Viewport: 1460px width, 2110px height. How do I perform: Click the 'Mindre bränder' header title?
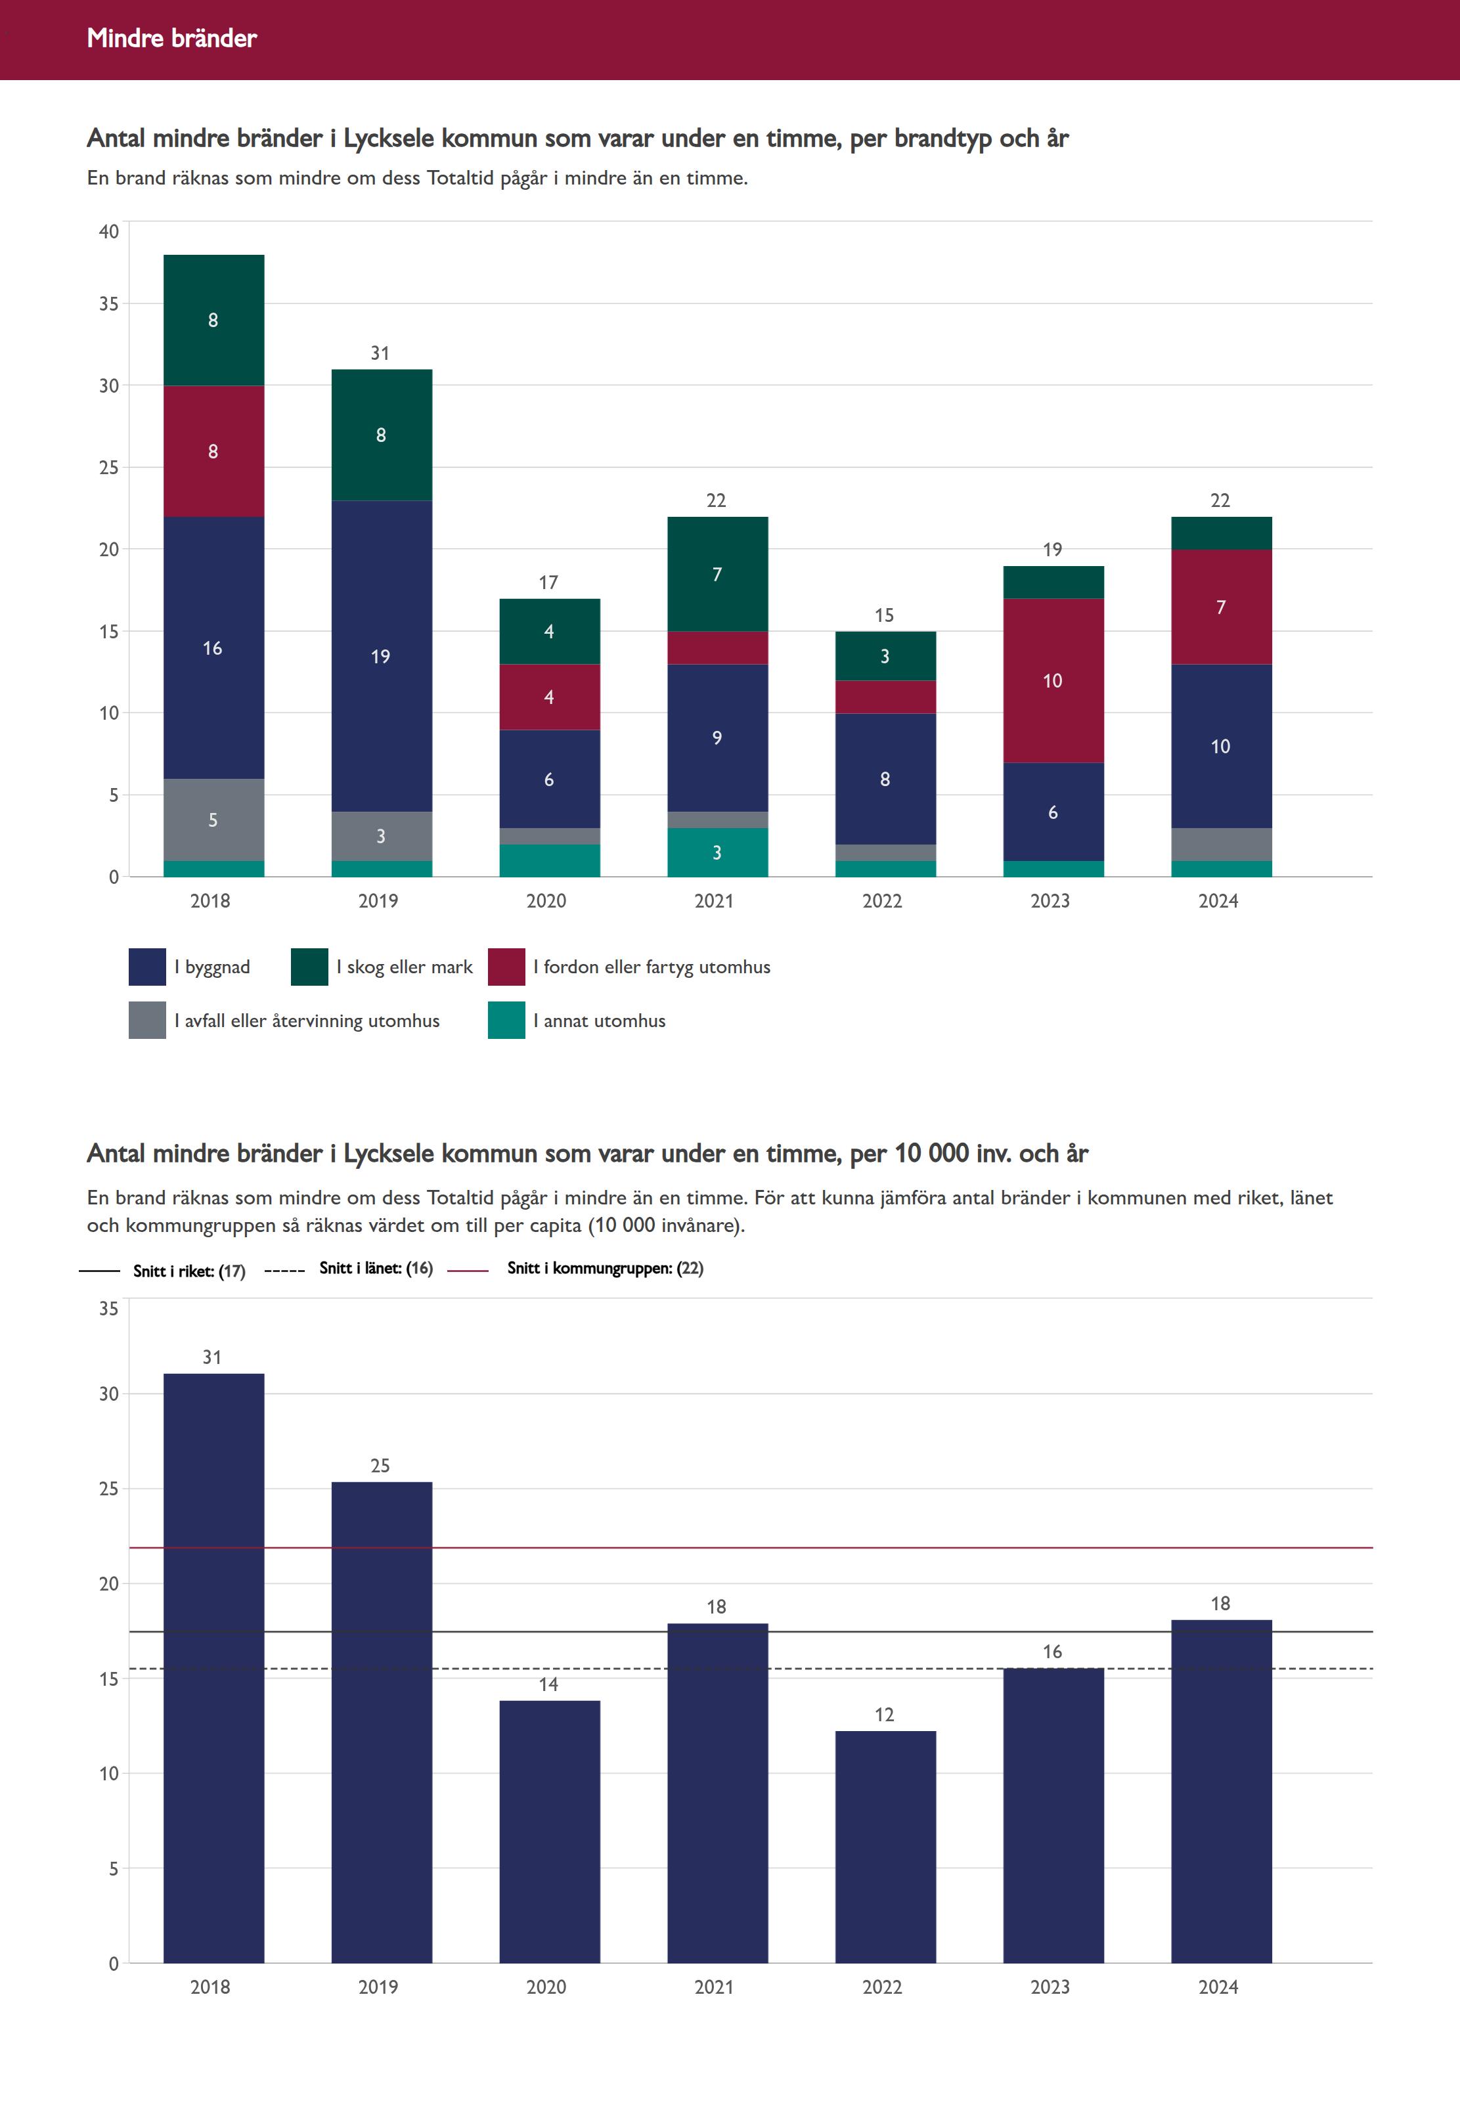point(172,38)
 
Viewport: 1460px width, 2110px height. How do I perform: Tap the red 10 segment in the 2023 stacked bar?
point(1053,680)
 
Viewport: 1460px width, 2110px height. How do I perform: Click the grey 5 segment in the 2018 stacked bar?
point(213,820)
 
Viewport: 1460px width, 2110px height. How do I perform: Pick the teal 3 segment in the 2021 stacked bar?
point(717,852)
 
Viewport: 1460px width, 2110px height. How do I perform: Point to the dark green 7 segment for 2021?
point(717,575)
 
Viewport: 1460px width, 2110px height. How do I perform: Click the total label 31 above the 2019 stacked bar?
point(380,353)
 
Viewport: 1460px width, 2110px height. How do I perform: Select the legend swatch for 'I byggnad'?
point(147,967)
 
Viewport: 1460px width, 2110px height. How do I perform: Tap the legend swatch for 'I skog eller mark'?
point(309,967)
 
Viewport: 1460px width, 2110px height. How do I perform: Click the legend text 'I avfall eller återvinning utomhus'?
point(307,1021)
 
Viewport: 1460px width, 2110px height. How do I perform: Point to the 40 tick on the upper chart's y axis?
point(109,231)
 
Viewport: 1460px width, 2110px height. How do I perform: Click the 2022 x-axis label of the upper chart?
point(882,901)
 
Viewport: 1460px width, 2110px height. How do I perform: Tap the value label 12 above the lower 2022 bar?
point(884,1715)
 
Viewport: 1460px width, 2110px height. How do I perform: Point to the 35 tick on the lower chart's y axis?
point(109,1309)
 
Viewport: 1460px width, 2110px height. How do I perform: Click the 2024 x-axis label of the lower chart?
point(1218,1987)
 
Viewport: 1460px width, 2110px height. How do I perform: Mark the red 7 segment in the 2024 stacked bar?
point(1221,607)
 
